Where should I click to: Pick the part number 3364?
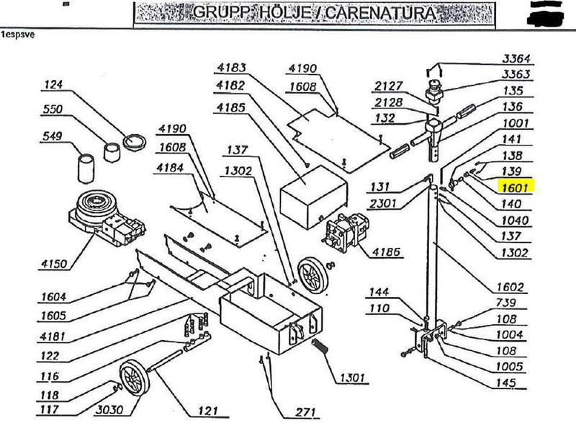click(516, 59)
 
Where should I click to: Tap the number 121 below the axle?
click(207, 412)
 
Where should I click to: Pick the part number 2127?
click(389, 87)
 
